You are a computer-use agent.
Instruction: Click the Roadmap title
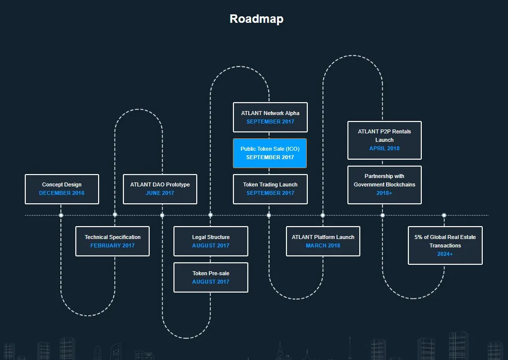[x=256, y=19]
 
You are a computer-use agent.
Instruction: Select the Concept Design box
[x=62, y=189]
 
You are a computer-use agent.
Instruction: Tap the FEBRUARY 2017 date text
[x=113, y=245]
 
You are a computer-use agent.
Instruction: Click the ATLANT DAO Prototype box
[x=160, y=189]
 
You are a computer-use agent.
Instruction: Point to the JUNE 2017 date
[x=160, y=193]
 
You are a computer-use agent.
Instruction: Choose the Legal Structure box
[x=211, y=241]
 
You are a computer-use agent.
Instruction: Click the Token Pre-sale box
[x=211, y=278]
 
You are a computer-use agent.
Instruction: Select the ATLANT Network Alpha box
[x=270, y=118]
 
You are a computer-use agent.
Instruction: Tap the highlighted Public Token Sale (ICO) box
[x=270, y=153]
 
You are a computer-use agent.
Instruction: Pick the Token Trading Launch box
[x=270, y=189]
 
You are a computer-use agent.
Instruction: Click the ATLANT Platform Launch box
[x=323, y=241]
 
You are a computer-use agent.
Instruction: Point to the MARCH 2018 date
[x=323, y=245]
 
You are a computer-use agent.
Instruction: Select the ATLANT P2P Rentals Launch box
[x=385, y=140]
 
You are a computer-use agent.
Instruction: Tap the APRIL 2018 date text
[x=385, y=148]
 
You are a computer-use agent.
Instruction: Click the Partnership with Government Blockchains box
[x=385, y=185]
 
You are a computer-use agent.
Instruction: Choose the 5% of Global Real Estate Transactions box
[x=445, y=245]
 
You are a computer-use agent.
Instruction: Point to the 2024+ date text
[x=445, y=254]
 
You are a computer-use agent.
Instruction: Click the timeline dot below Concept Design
[x=61, y=215]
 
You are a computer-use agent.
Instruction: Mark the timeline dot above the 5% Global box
[x=444, y=215]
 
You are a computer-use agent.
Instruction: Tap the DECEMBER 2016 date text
[x=62, y=193]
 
